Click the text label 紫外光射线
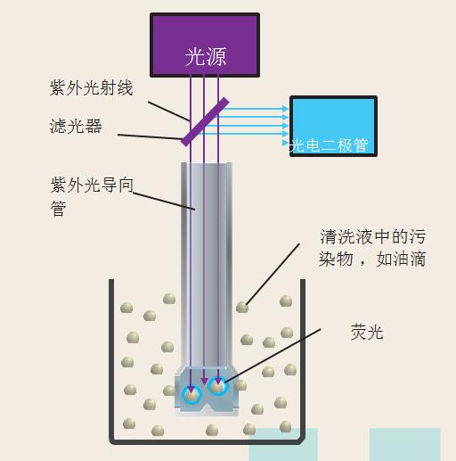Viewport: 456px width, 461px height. (92, 87)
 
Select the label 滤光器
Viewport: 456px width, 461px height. (76, 126)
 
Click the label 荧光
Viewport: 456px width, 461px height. (366, 332)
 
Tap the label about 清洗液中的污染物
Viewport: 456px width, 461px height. (372, 248)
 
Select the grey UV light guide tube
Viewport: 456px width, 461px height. (205, 259)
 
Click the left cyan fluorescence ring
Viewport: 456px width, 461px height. (191, 393)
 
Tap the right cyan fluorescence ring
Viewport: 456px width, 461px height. (218, 387)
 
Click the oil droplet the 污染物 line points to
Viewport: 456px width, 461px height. (242, 307)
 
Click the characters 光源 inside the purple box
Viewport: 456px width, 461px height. (205, 57)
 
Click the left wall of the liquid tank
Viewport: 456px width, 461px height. (111, 357)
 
